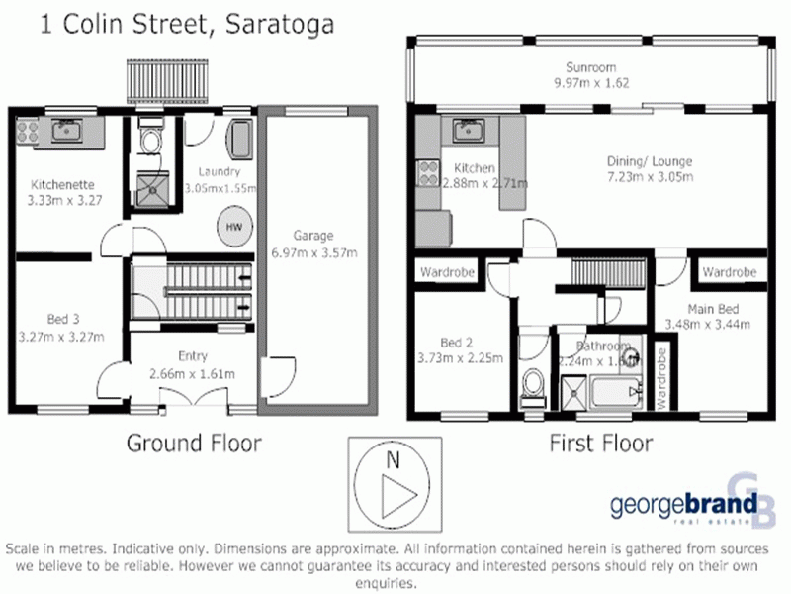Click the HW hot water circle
(x=234, y=226)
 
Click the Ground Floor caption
(x=194, y=443)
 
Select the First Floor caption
(x=600, y=443)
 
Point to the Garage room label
(x=311, y=235)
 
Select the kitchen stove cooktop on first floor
(x=429, y=174)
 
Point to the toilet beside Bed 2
(x=533, y=380)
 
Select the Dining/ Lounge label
(x=649, y=161)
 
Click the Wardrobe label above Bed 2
(x=443, y=271)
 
